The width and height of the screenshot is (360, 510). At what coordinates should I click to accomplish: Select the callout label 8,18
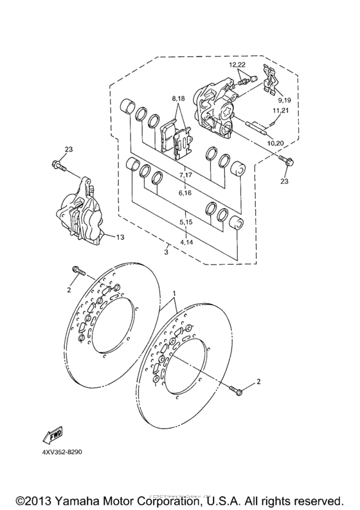point(177,98)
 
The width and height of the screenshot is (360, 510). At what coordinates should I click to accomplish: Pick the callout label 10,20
point(275,142)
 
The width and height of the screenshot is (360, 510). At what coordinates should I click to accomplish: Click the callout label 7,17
point(186,175)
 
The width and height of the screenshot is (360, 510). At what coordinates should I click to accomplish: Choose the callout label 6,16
point(185,192)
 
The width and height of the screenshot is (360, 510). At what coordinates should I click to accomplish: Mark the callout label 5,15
point(186,222)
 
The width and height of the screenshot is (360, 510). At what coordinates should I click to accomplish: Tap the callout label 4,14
point(186,243)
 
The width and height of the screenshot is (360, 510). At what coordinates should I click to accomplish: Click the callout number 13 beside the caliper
point(119,237)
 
